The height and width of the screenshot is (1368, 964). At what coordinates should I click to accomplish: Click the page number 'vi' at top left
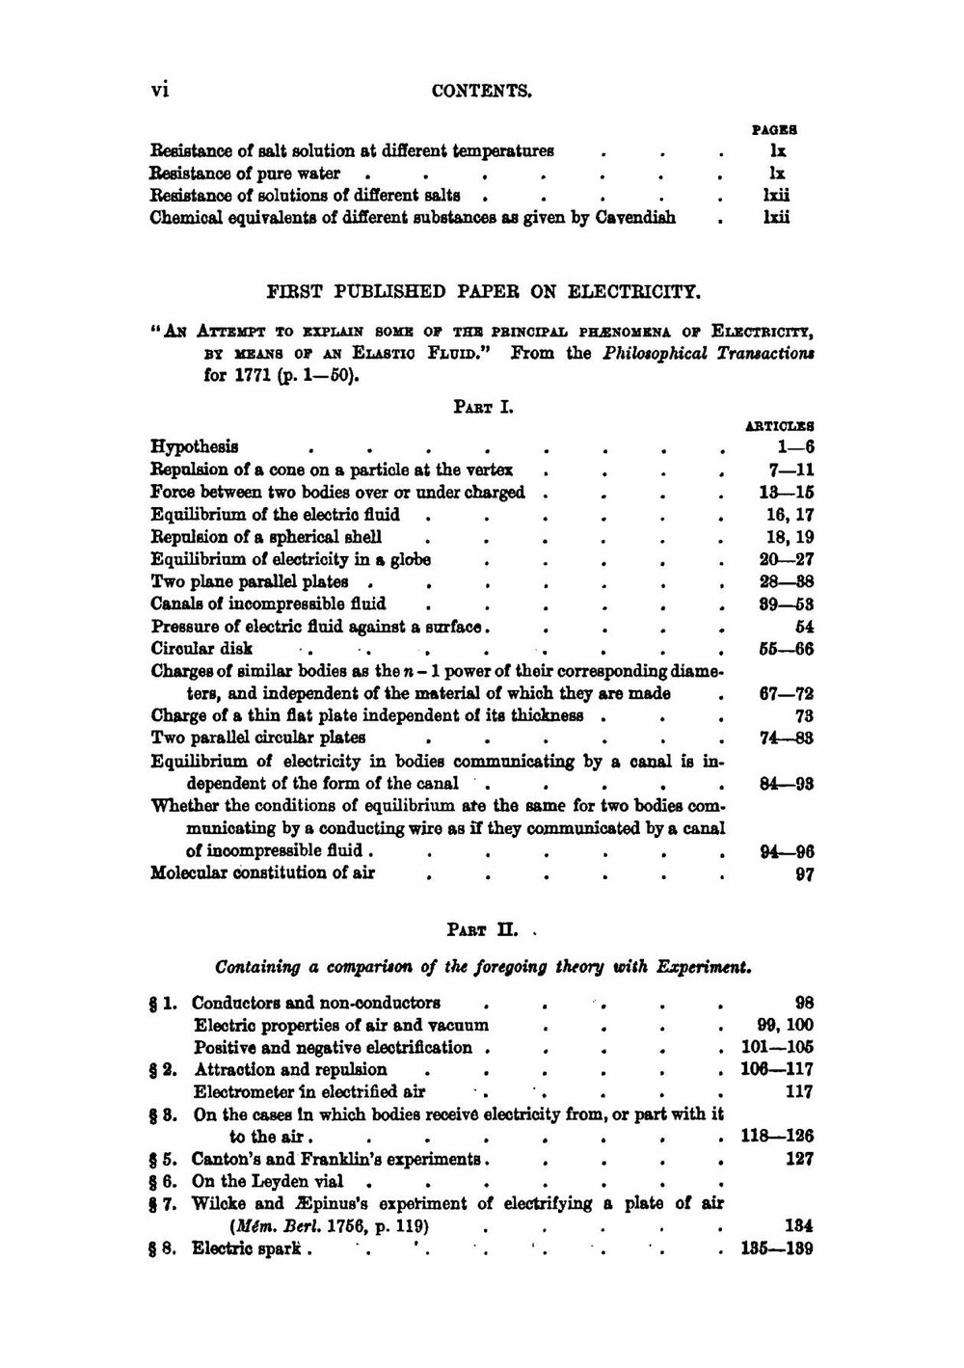tap(160, 90)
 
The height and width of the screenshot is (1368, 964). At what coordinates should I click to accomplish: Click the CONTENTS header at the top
tap(482, 92)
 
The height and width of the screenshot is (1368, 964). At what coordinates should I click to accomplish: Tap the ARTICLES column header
tap(779, 425)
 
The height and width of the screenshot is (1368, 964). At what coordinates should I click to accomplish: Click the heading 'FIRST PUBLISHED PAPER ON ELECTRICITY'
tap(483, 291)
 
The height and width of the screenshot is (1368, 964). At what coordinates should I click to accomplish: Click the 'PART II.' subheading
tap(483, 931)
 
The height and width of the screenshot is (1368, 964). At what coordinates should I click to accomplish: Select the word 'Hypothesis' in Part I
tap(195, 447)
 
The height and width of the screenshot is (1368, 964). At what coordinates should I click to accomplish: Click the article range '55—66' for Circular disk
tap(786, 649)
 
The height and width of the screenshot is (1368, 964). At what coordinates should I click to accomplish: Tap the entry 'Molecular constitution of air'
tap(262, 873)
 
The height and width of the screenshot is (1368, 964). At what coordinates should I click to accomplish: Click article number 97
tap(804, 875)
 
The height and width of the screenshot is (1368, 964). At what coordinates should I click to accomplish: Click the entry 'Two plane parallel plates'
tap(249, 582)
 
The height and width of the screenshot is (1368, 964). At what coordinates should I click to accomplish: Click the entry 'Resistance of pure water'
tap(245, 174)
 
